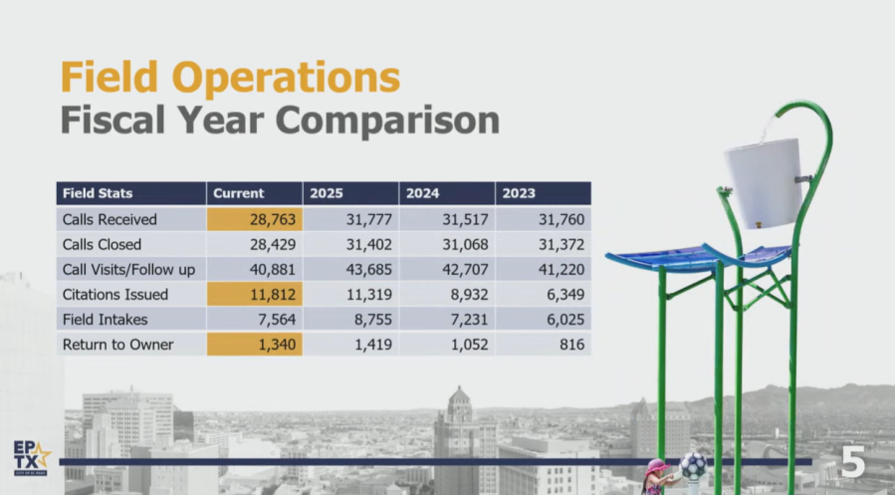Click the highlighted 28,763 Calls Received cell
[255, 219]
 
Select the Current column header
[255, 193]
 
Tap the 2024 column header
[447, 193]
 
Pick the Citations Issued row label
[115, 295]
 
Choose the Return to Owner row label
[118, 345]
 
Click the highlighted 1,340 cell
[255, 345]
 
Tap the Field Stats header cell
[131, 193]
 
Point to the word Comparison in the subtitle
[387, 121]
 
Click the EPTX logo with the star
[32, 458]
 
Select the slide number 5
[853, 462]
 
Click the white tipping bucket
[765, 182]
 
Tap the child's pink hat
[657, 466]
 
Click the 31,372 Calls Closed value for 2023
[561, 245]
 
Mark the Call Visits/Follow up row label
[129, 270]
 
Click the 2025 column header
[350, 193]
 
